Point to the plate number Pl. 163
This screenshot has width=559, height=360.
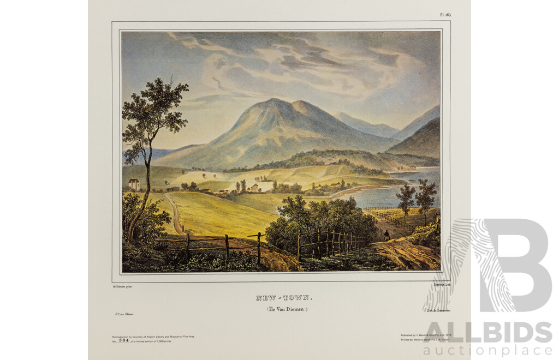[445, 15]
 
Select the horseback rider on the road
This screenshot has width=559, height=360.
[386, 236]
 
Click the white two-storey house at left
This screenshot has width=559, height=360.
[134, 184]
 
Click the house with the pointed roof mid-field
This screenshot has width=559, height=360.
[253, 187]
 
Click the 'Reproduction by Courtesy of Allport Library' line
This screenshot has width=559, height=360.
[146, 337]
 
